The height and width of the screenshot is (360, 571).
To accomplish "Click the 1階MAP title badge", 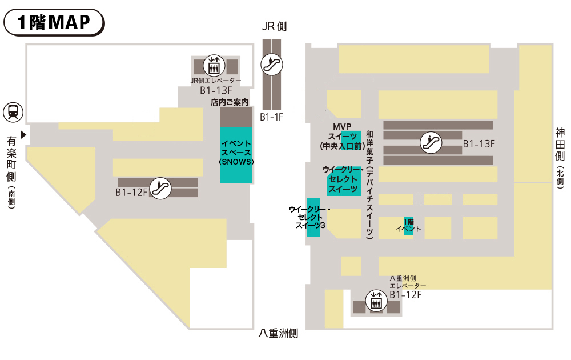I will click(54, 22).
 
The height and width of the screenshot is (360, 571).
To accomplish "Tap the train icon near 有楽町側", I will click(13, 112).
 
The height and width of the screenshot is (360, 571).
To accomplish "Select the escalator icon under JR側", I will click(271, 64).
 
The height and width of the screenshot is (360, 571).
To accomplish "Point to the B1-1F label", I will click(272, 117).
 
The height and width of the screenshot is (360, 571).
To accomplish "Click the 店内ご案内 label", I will click(230, 103).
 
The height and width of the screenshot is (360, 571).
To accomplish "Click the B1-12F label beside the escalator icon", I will click(132, 193).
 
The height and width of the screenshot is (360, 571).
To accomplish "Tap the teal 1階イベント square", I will click(408, 226).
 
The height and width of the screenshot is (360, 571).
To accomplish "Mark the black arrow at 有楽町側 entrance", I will click(23, 135).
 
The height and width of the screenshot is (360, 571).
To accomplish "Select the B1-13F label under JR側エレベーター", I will click(216, 90).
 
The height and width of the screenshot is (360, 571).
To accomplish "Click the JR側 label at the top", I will click(274, 27).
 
